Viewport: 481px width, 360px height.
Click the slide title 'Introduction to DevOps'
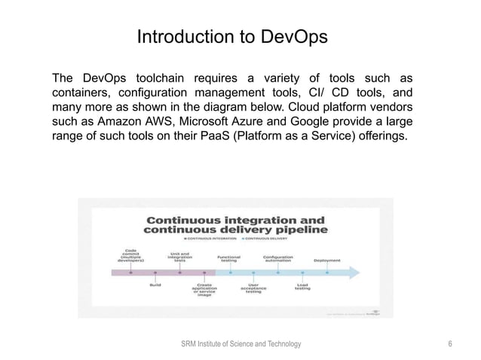point(231,38)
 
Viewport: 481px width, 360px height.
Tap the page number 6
point(449,343)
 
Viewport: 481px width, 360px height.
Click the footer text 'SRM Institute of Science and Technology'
point(240,343)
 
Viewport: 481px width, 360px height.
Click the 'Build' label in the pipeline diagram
point(155,285)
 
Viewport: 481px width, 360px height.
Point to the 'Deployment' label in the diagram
point(326,261)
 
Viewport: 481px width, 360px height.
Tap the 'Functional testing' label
point(229,258)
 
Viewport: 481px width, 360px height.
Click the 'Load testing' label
point(302,287)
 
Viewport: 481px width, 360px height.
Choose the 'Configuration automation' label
point(278,258)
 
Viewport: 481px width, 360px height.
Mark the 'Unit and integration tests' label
point(180,257)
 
